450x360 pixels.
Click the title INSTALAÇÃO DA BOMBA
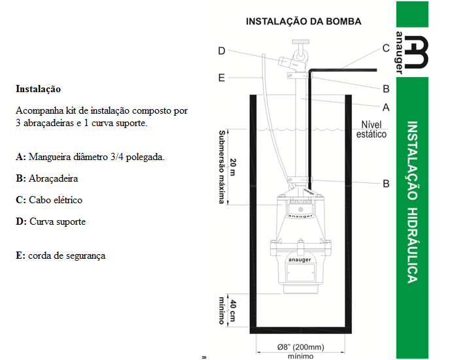pos(303,22)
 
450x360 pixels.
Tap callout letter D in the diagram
pos(221,51)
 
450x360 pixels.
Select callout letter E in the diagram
pos(221,78)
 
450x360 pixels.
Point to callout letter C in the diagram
pos(386,48)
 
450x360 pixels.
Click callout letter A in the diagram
pos(386,108)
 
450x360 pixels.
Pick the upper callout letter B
pos(387,89)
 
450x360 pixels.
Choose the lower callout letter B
pos(387,184)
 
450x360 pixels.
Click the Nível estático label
pos(372,129)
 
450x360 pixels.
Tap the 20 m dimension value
pos(233,167)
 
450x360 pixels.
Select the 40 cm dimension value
pos(233,311)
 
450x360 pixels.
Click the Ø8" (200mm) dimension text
pos(300,347)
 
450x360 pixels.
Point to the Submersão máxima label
pos(222,167)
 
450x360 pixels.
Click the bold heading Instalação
pos(38,89)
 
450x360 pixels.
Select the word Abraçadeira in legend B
pos(54,178)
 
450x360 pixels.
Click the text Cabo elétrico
pos(56,200)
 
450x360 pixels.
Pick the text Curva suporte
pos(58,221)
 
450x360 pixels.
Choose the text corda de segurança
pos(67,255)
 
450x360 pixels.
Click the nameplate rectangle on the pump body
pos(300,272)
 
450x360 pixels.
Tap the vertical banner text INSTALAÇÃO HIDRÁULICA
pos(413,202)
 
